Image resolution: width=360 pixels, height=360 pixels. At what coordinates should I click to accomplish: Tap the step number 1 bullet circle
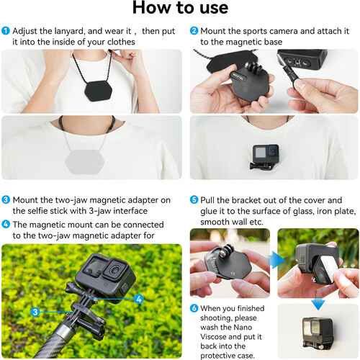(6, 31)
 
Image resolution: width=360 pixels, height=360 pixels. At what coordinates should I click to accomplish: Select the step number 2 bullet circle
(194, 31)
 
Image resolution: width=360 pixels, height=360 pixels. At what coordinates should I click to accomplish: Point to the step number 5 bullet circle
(194, 200)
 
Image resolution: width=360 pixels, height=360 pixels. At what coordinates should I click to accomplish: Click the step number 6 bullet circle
(194, 307)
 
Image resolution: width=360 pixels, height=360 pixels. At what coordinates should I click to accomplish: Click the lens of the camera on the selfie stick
(114, 271)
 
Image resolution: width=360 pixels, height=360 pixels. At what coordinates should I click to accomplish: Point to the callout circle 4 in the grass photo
(138, 297)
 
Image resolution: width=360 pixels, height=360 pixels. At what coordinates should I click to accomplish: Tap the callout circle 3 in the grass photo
(35, 312)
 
